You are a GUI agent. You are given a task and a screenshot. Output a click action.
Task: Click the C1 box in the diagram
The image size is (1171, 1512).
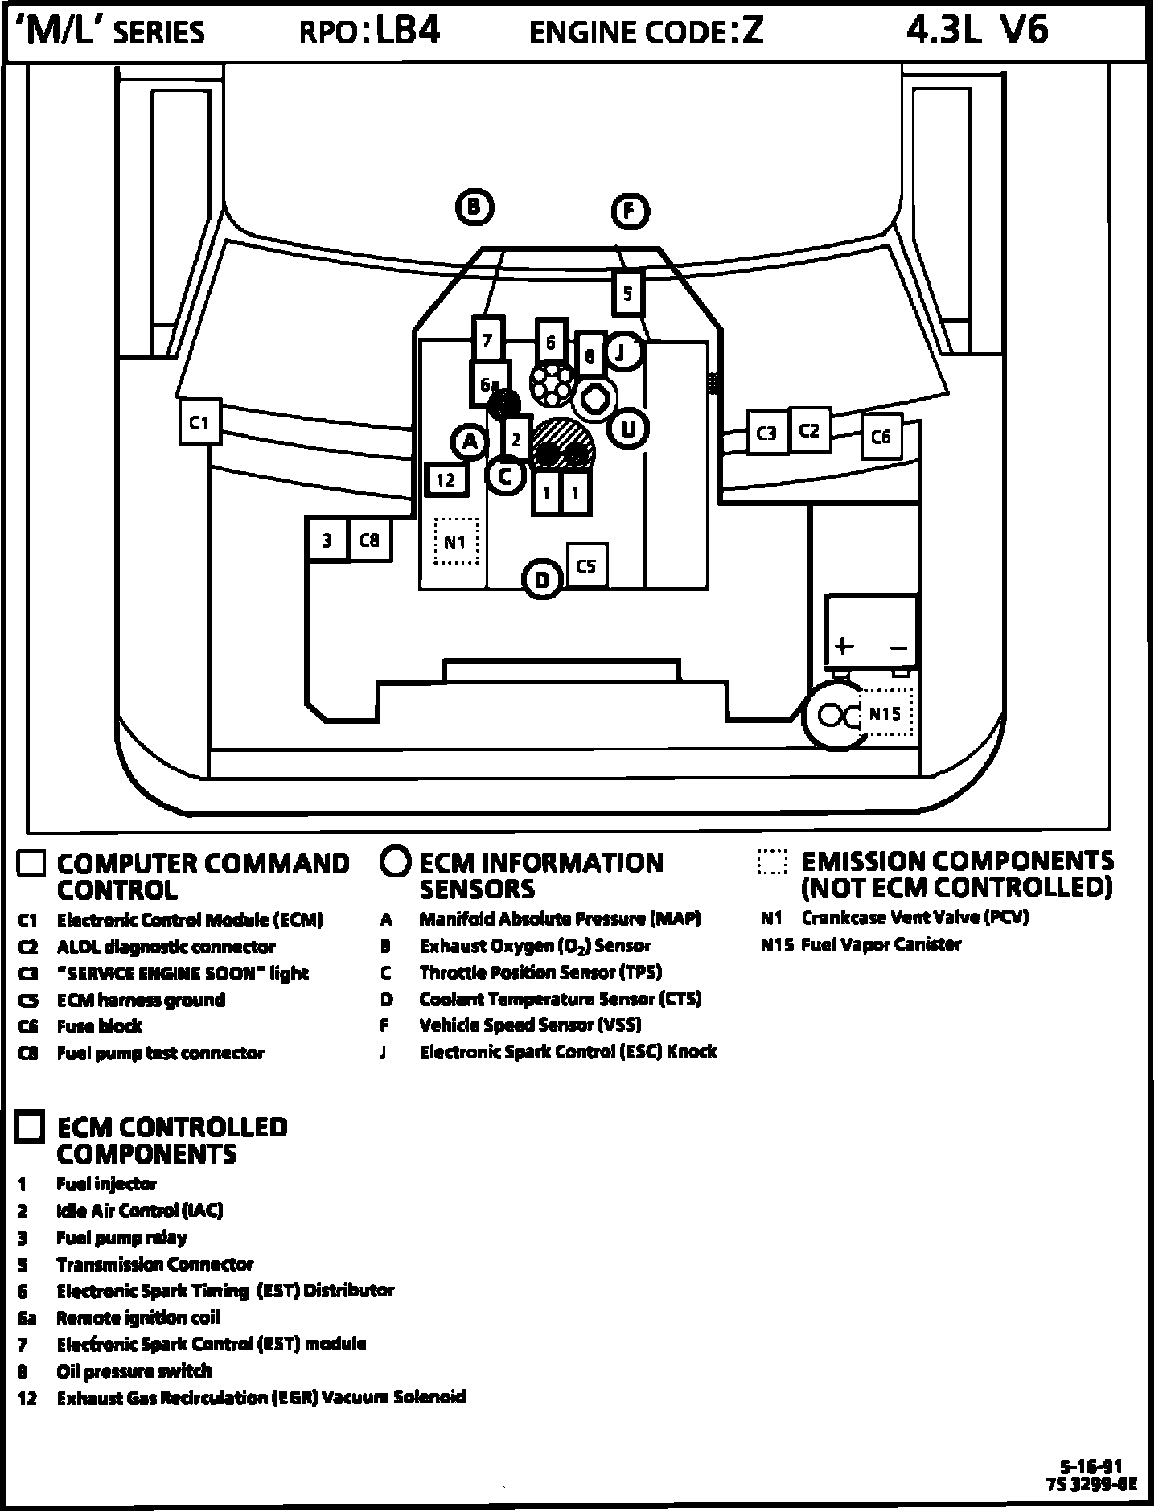click(199, 421)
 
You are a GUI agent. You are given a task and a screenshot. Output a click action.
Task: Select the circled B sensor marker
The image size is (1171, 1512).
click(475, 207)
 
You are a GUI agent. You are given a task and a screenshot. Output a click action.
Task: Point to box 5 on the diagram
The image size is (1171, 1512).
click(627, 293)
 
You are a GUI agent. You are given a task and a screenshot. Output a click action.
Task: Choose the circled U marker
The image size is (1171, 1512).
click(628, 429)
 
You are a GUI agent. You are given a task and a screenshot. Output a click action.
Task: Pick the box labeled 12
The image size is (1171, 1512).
click(446, 480)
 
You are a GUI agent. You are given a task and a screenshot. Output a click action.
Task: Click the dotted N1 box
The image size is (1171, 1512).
click(456, 541)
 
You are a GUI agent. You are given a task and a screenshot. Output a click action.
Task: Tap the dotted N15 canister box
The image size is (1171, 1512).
click(885, 713)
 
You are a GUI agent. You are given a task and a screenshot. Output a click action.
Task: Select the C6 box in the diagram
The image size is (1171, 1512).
click(881, 437)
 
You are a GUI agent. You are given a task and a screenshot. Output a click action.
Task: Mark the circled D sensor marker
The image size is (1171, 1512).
click(542, 580)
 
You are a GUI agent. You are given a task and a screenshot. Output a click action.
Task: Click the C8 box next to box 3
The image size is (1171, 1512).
click(369, 540)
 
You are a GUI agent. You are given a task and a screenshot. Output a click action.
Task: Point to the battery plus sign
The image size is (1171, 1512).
click(843, 646)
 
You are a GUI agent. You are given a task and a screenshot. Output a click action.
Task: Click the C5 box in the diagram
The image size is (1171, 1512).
click(586, 566)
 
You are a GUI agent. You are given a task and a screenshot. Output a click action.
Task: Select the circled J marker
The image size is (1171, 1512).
click(621, 352)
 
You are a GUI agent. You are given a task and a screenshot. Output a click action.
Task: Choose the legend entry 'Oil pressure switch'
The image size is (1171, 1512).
click(134, 1371)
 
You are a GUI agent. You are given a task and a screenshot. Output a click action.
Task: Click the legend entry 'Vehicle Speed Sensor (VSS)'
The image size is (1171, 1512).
click(530, 1025)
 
